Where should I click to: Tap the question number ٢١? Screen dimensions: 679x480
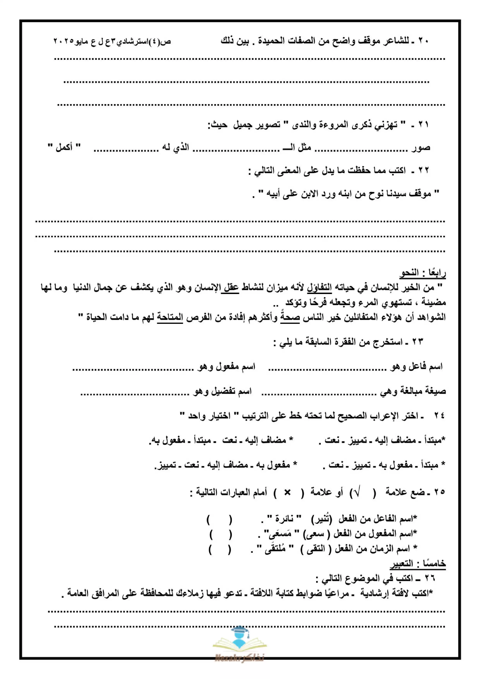pos(423,124)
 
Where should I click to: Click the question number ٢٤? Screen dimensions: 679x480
pos(439,416)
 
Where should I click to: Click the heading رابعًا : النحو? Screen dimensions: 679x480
pos(423,273)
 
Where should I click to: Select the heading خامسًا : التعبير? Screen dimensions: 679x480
pos(418,564)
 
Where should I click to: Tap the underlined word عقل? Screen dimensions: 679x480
pos(230,287)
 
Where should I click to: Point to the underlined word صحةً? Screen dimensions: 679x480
pos(290,317)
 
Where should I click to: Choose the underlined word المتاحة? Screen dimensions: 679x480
pos(170,317)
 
